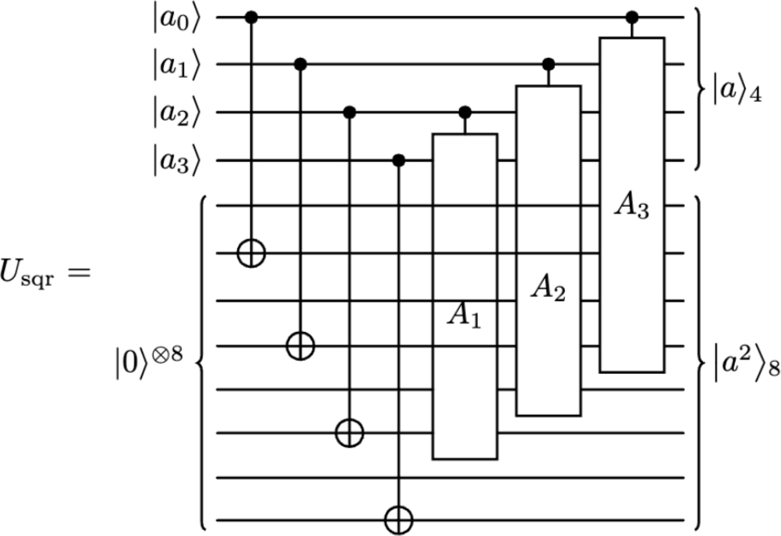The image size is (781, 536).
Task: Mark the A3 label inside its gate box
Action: pyautogui.click(x=632, y=208)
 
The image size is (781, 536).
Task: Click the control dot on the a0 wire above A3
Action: pyautogui.click(x=632, y=16)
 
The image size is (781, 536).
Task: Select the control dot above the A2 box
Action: pyautogui.click(x=548, y=64)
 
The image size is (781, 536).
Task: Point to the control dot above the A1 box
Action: pyautogui.click(x=464, y=112)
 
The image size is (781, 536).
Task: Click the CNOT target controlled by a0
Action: pyautogui.click(x=252, y=253)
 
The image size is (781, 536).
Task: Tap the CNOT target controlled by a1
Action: pyautogui.click(x=300, y=346)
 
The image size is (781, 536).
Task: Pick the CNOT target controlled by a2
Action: pyautogui.click(x=349, y=434)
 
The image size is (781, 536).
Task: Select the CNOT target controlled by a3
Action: pyautogui.click(x=398, y=517)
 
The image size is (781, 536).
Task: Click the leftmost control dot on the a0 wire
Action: pyautogui.click(x=252, y=16)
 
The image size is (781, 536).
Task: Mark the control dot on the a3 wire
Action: pyautogui.click(x=398, y=160)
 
